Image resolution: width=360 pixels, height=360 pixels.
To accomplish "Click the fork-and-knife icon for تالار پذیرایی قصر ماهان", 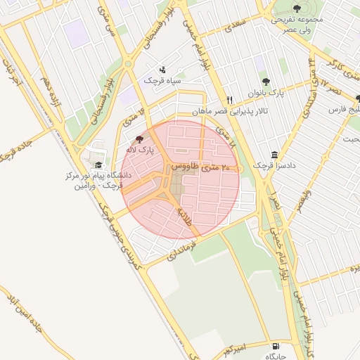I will pos(229,101).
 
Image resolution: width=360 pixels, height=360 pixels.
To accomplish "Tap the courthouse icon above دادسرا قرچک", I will pos(274,155).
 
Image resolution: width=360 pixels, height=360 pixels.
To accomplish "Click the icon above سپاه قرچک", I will pos(163,70).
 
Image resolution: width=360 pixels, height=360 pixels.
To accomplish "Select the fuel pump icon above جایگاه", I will pos(274,347).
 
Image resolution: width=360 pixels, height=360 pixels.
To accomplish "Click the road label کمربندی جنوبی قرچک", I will pos(120,239).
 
